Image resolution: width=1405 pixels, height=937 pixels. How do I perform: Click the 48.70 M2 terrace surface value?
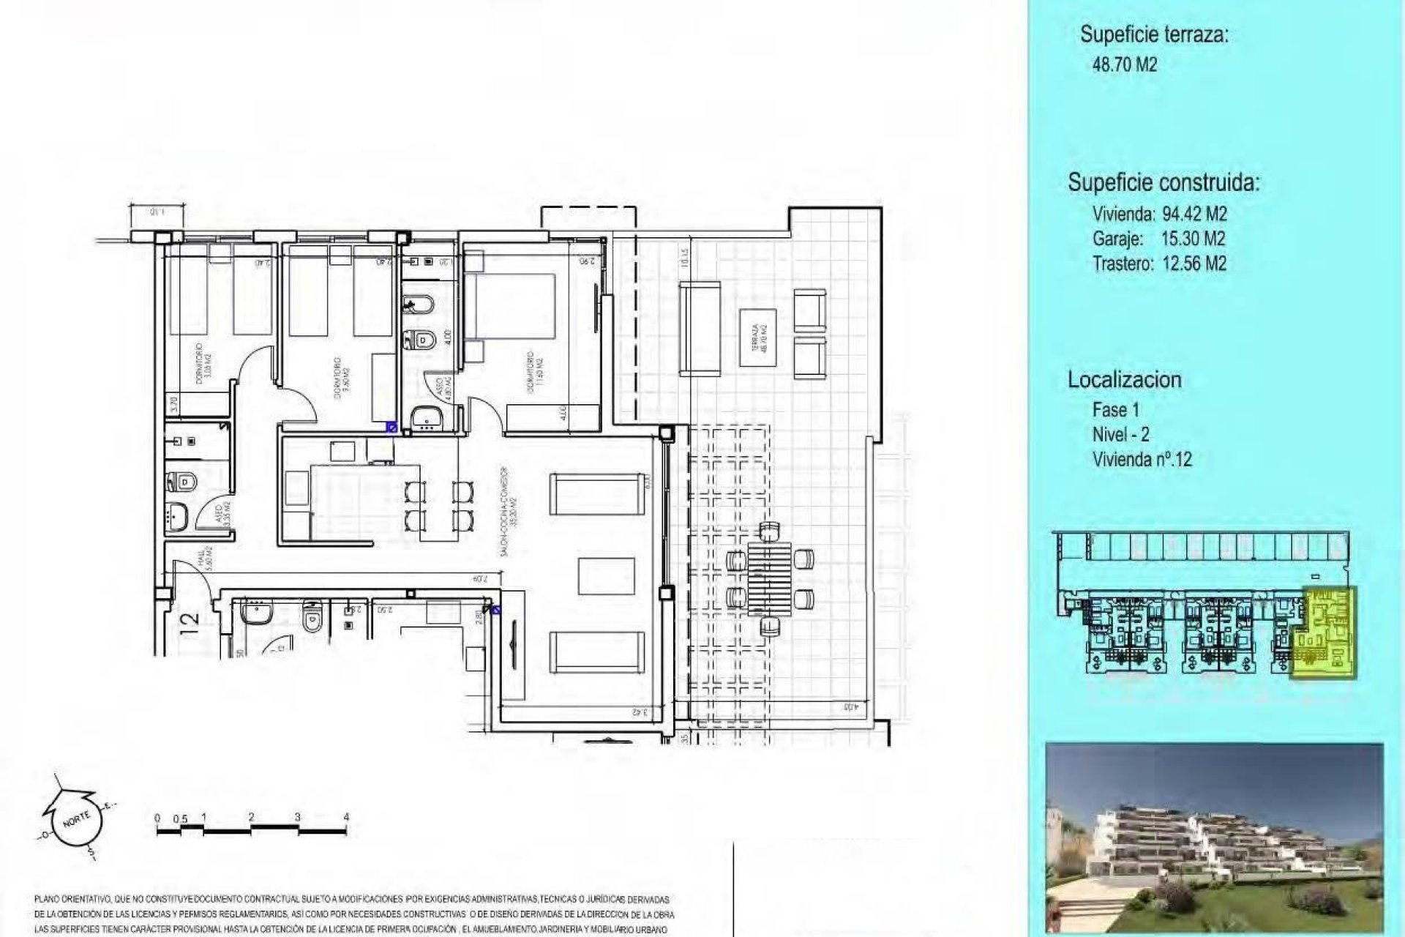tap(1124, 64)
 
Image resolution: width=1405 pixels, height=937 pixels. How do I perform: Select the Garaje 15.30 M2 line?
tap(1158, 239)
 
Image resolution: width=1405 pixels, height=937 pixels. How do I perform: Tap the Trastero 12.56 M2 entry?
tap(1158, 264)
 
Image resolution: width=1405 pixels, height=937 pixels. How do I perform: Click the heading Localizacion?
tap(1124, 380)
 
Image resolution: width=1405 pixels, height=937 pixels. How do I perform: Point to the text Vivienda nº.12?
tap(1142, 460)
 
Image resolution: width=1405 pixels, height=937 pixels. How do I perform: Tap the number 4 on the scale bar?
tap(346, 817)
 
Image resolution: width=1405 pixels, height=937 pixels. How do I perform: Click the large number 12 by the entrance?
tap(189, 622)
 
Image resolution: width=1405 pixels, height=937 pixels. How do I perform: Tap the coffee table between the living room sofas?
tap(606, 576)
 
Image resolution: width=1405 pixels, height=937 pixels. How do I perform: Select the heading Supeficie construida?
tap(1163, 182)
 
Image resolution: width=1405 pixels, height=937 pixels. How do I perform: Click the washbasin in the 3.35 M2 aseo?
tap(176, 519)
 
